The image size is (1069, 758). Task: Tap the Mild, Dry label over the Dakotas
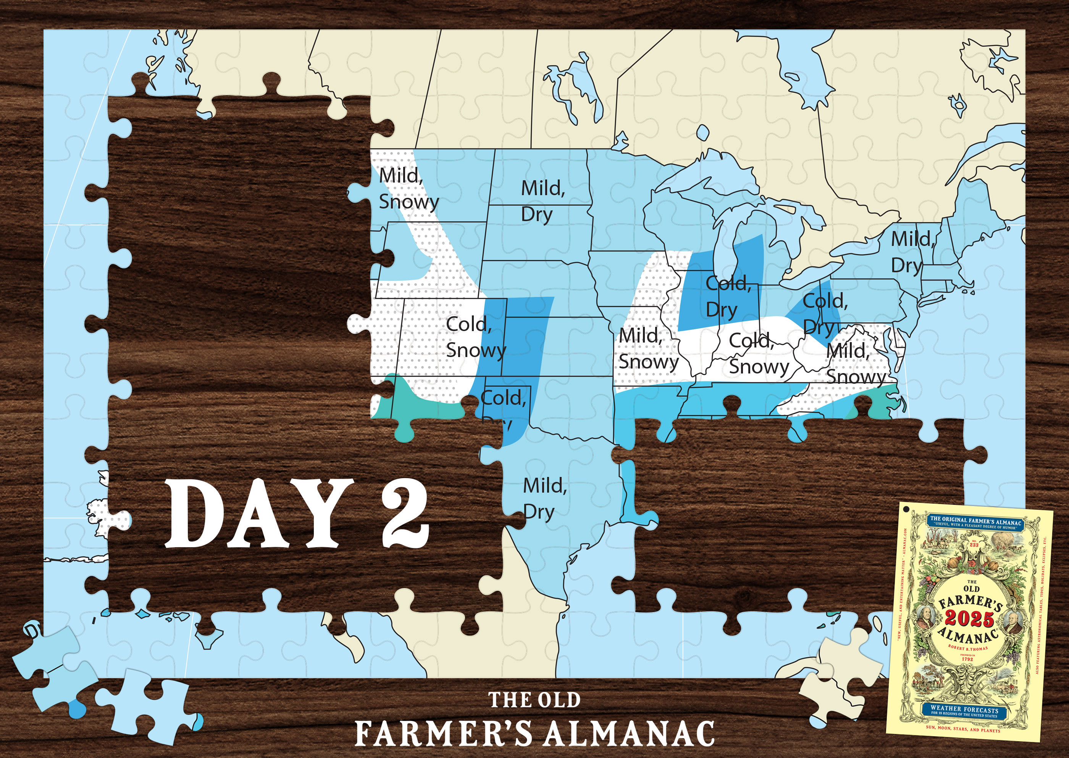tap(543, 201)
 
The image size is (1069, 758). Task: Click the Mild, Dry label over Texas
tap(544, 498)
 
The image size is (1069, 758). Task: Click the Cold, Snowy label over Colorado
tap(475, 337)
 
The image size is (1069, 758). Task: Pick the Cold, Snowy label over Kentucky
tap(758, 353)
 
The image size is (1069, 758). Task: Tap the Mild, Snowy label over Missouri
tap(648, 348)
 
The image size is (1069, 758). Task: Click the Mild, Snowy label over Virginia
tap(855, 364)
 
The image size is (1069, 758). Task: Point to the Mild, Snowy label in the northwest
tap(408, 189)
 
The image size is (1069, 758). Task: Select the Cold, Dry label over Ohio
tap(824, 314)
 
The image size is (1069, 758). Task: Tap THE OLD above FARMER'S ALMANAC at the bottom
tap(534, 700)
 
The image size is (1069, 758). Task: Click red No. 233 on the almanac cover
tap(974, 545)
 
